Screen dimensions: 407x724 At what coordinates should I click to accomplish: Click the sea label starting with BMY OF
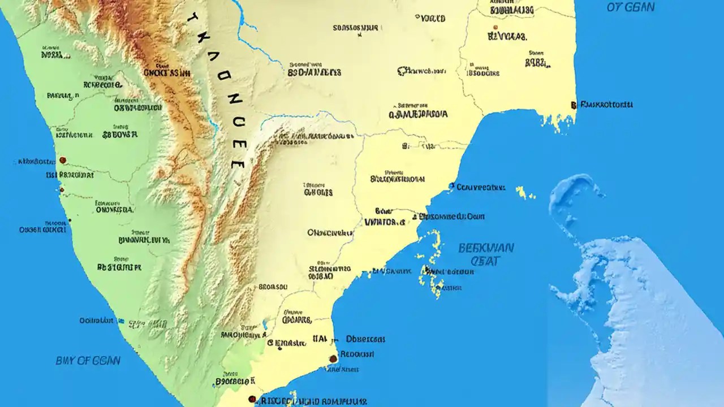point(88,360)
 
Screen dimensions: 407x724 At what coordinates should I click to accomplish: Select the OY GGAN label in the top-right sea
point(631,7)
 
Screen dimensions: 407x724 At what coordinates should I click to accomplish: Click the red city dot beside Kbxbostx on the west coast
point(63,160)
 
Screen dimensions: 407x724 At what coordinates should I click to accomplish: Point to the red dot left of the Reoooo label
point(333,358)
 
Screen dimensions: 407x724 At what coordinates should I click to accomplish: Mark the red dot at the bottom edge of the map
point(252,399)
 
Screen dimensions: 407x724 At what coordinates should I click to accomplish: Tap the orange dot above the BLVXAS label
point(495,27)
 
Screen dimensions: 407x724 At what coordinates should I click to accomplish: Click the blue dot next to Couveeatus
point(451,185)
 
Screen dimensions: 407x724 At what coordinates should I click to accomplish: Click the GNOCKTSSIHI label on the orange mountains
point(166,72)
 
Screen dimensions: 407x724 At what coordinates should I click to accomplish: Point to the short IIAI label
point(319,339)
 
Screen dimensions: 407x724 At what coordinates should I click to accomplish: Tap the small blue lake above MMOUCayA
point(265,324)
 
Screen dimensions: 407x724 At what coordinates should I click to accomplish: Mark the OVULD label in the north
point(433,19)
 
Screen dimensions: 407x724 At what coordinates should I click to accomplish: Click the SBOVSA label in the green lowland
point(120,135)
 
